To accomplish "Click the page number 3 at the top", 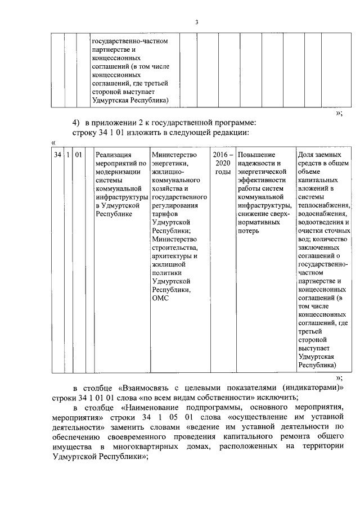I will click(x=196, y=22).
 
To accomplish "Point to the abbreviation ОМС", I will click(x=161, y=299).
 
